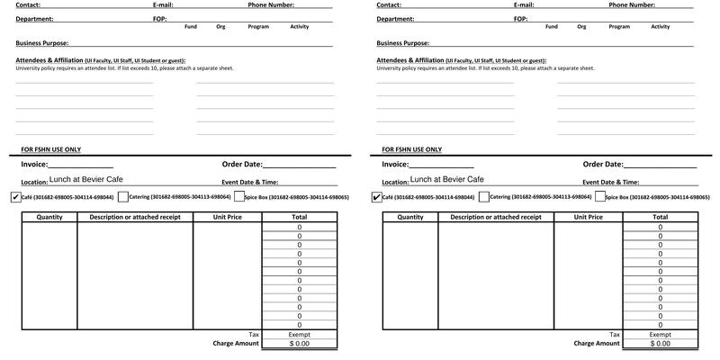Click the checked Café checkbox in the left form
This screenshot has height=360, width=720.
coord(15,197)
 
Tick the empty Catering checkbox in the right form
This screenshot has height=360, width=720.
coord(484,197)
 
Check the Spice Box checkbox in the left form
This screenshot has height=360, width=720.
coord(238,197)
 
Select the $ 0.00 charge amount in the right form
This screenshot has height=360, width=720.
coord(660,344)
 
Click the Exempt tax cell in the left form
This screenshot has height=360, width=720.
coord(299,335)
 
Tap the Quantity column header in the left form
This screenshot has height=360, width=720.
coord(49,217)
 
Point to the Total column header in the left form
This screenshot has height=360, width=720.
coord(299,217)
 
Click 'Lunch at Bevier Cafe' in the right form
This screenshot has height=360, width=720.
coord(447,180)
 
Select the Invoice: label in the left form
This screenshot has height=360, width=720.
coord(33,165)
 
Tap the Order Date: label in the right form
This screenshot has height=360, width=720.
coord(603,165)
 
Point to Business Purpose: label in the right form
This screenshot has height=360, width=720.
coord(402,42)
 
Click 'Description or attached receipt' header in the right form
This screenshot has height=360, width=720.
coord(496,217)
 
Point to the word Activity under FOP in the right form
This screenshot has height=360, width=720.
coord(661,27)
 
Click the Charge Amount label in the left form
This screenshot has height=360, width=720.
coord(236,344)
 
